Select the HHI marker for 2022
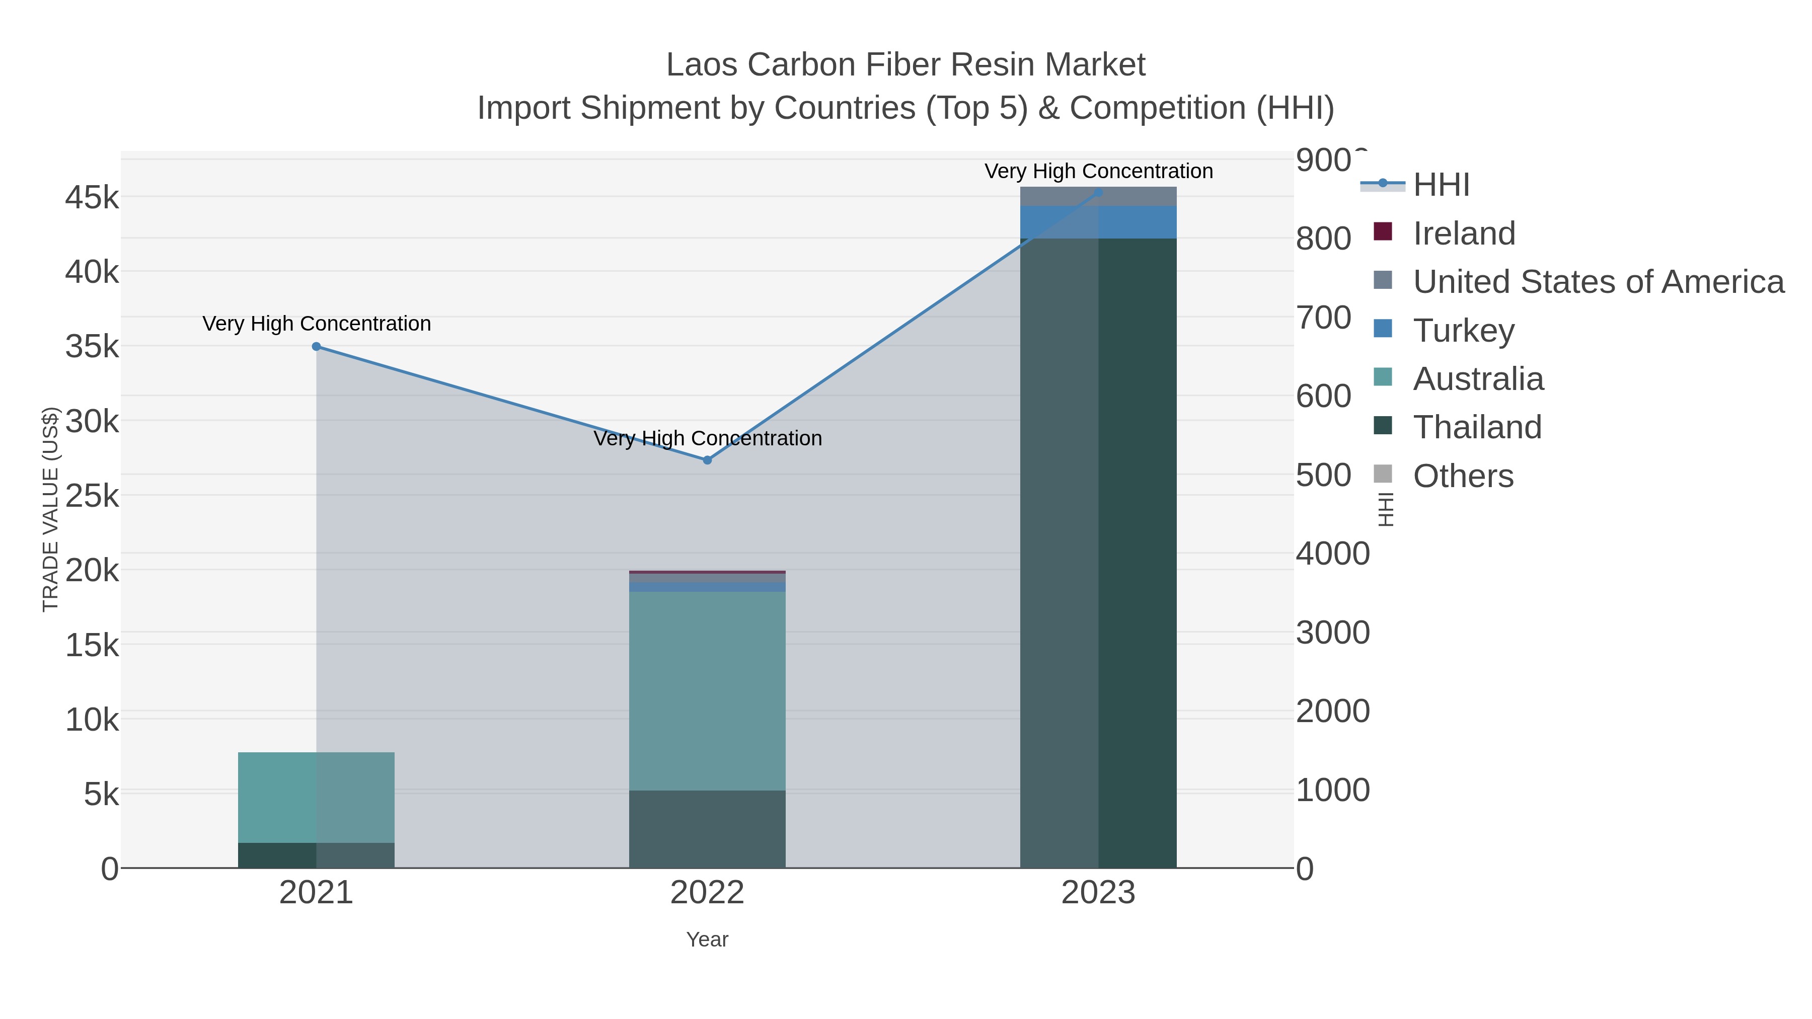pyautogui.click(x=707, y=460)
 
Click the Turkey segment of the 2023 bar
pyautogui.click(x=1098, y=222)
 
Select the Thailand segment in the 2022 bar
pyautogui.click(x=707, y=829)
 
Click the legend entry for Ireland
pyautogui.click(x=1463, y=233)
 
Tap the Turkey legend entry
pyautogui.click(x=1463, y=331)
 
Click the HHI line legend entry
pyautogui.click(x=1441, y=185)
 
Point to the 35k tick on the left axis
pyautogui.click(x=92, y=347)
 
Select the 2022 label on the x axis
pyautogui.click(x=707, y=893)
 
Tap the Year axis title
pyautogui.click(x=707, y=939)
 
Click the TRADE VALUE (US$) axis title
pyautogui.click(x=51, y=509)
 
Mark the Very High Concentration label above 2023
pyautogui.click(x=1098, y=172)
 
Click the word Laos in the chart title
pyautogui.click(x=702, y=65)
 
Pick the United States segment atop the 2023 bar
pyautogui.click(x=1098, y=196)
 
